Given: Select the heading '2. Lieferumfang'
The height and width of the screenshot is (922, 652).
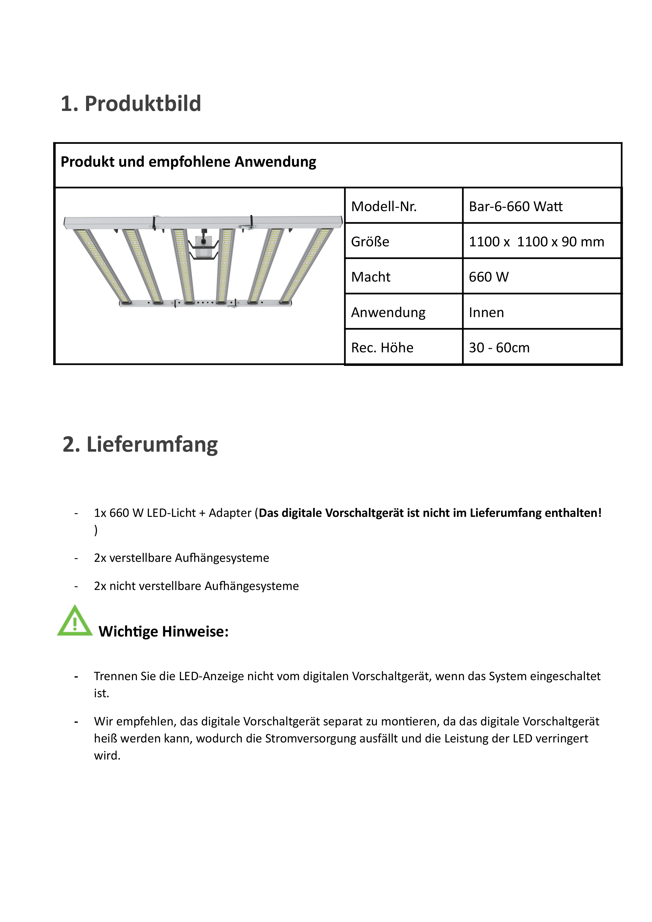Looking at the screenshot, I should pyautogui.click(x=140, y=445).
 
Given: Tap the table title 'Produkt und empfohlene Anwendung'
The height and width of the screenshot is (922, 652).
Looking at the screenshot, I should pyautogui.click(x=188, y=162).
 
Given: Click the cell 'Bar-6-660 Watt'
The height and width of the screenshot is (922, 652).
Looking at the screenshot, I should pyautogui.click(x=516, y=206).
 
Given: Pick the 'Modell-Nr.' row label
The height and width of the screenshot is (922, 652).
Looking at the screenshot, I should pyautogui.click(x=384, y=206).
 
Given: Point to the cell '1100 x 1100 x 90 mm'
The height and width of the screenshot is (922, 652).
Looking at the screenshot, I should pyautogui.click(x=536, y=242).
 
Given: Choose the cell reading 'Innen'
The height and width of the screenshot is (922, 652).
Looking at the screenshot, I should pyautogui.click(x=486, y=312).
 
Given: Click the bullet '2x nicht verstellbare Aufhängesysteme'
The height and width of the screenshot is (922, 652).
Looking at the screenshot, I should pyautogui.click(x=196, y=586).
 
